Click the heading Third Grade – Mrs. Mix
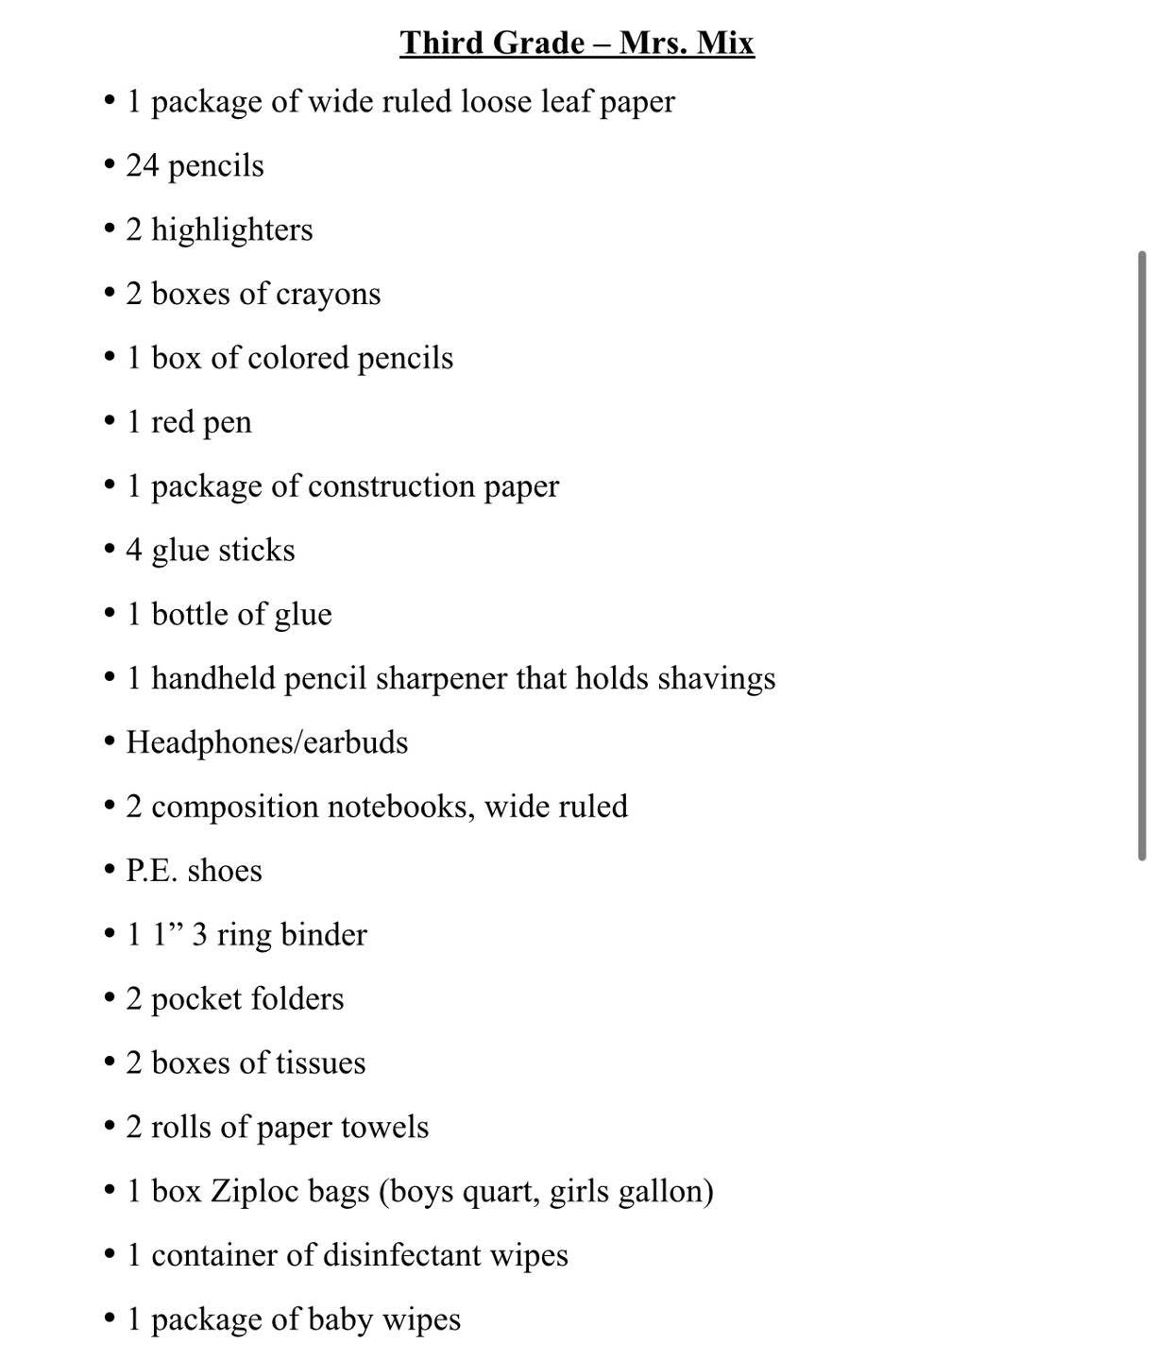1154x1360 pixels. [x=577, y=42]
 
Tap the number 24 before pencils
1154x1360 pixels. [x=143, y=165]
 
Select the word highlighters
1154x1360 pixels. [x=231, y=229]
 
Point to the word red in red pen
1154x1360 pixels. [x=172, y=422]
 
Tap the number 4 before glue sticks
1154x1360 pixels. [x=134, y=550]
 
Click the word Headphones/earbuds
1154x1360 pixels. [x=267, y=742]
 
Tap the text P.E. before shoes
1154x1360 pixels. [x=151, y=870]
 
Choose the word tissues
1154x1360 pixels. [x=320, y=1062]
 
